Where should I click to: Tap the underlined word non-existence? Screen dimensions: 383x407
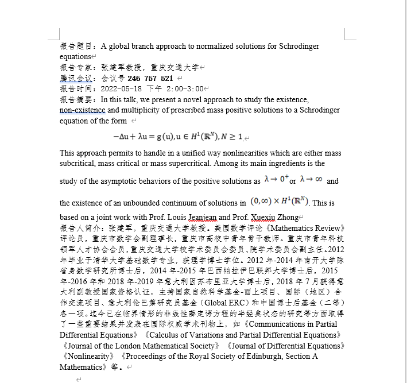82,110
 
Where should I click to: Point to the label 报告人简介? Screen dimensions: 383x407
79,228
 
